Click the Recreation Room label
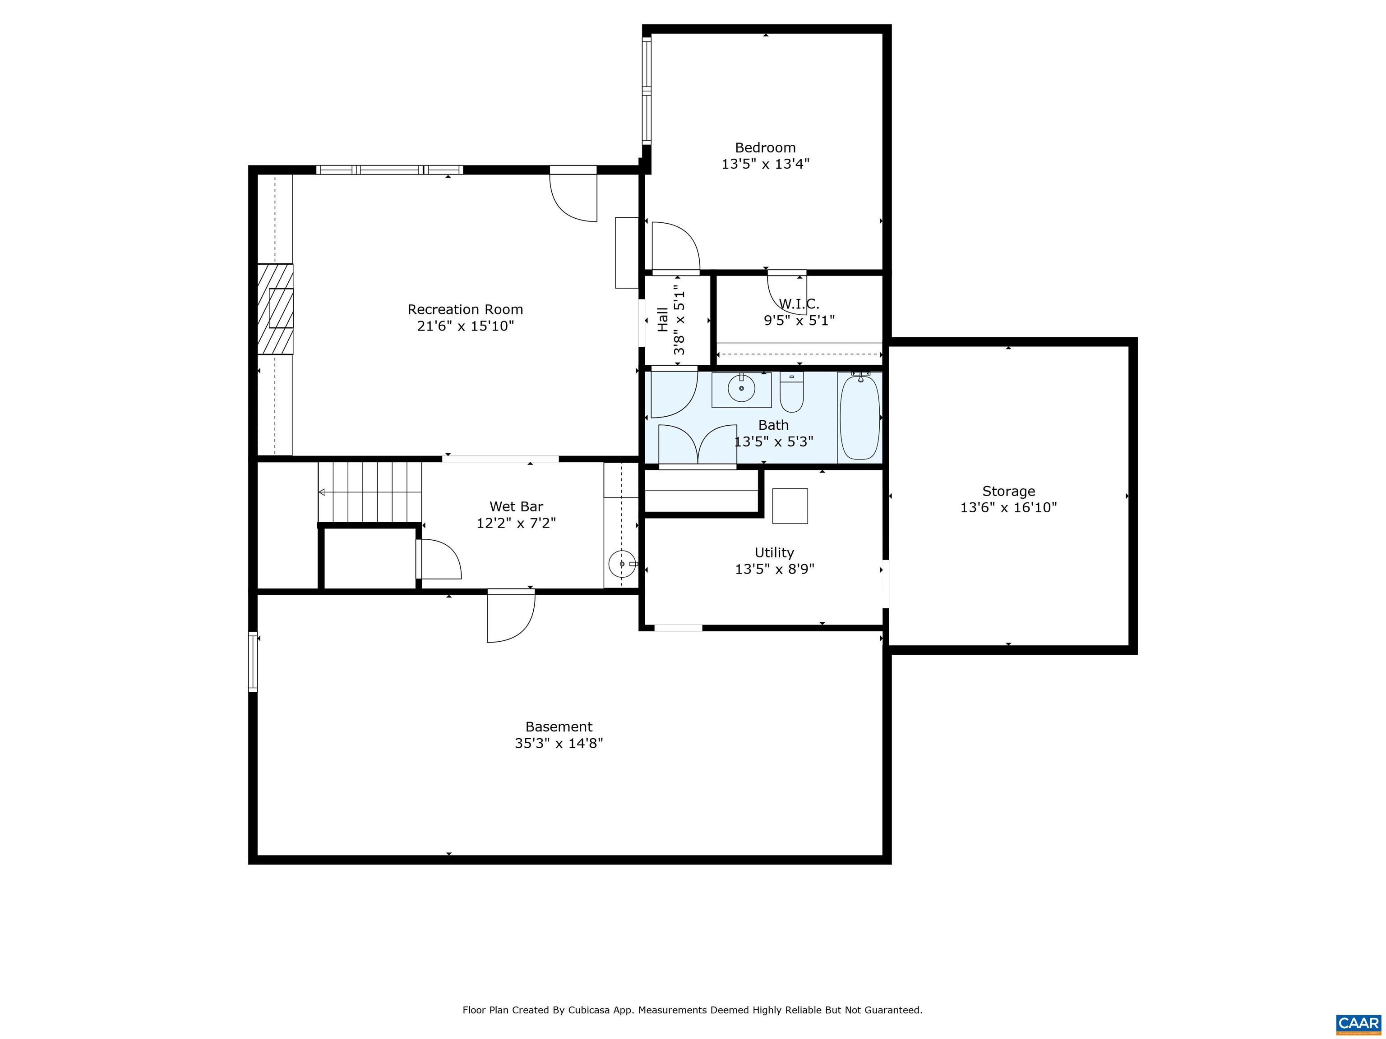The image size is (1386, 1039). pyautogui.click(x=465, y=309)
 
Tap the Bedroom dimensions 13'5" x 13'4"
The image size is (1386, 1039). pyautogui.click(x=765, y=164)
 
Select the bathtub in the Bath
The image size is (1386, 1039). pyautogui.click(x=859, y=417)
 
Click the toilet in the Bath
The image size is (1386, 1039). pyautogui.click(x=791, y=393)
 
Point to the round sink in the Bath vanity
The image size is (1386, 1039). pyautogui.click(x=741, y=389)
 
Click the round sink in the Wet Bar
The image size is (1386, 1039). pyautogui.click(x=622, y=564)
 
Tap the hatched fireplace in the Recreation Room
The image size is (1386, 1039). pyautogui.click(x=276, y=309)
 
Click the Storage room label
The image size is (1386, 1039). pyautogui.click(x=1008, y=491)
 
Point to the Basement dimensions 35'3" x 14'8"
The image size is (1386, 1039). pyautogui.click(x=558, y=743)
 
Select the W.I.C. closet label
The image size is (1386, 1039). pyautogui.click(x=799, y=304)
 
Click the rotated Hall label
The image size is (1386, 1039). pyautogui.click(x=662, y=319)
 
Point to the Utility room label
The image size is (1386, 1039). pyautogui.click(x=774, y=552)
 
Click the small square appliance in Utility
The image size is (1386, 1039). pyautogui.click(x=790, y=506)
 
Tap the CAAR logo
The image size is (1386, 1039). pyautogui.click(x=1358, y=1023)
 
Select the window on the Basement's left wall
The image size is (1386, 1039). pyautogui.click(x=253, y=662)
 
